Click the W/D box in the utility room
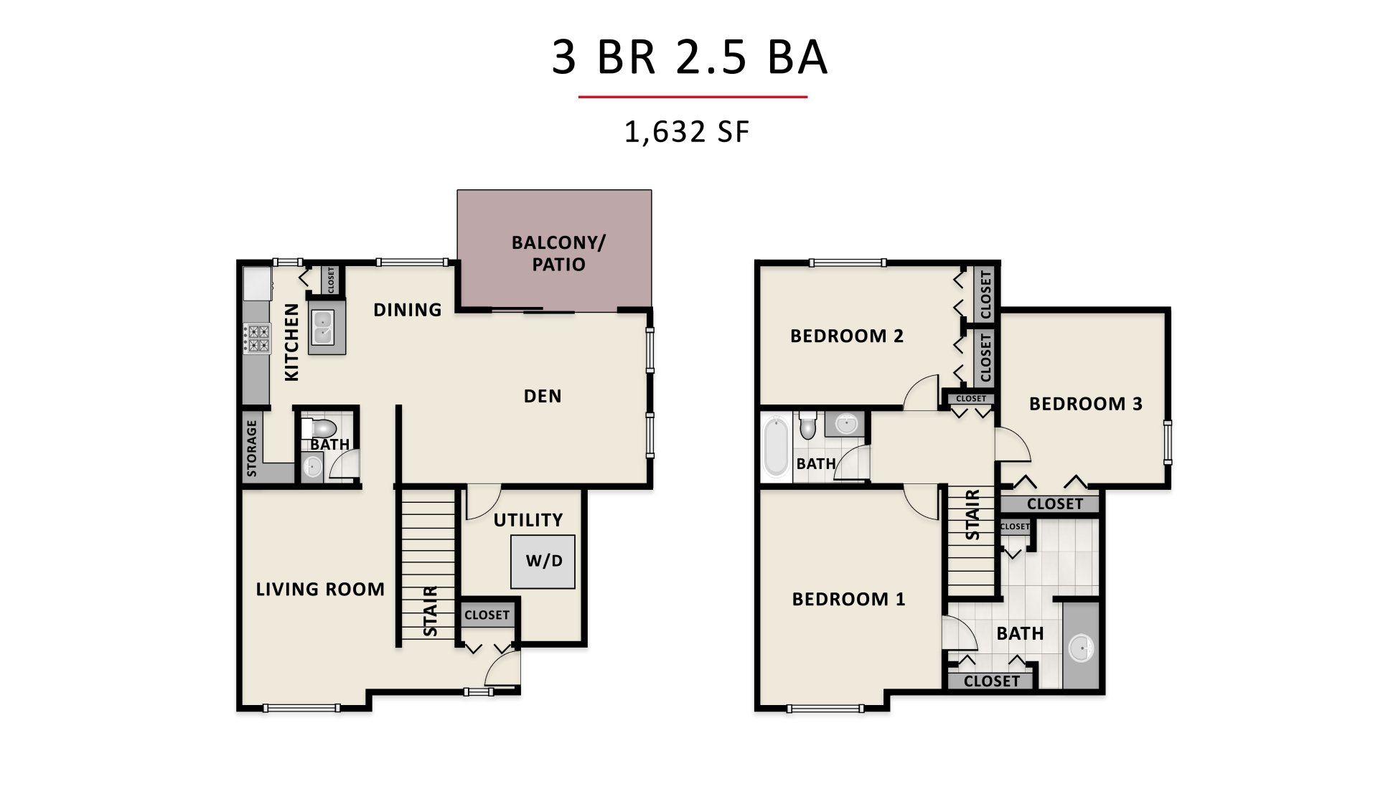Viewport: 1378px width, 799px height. click(543, 562)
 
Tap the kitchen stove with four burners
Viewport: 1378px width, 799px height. click(257, 339)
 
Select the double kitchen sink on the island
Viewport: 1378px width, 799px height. click(327, 327)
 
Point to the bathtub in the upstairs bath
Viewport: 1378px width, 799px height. click(775, 448)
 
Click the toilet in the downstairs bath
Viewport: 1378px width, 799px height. click(320, 429)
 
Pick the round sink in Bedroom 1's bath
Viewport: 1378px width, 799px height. click(1081, 649)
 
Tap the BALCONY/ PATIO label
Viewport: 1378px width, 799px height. click(558, 253)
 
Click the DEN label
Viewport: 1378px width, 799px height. click(543, 396)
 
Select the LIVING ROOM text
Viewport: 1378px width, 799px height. click(320, 590)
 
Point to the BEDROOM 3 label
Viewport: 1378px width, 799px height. click(1085, 404)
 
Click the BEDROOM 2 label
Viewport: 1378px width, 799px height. click(847, 336)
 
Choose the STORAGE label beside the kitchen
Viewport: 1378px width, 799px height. click(251, 448)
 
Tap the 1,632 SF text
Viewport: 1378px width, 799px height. click(687, 133)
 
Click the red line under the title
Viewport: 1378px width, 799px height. click(693, 96)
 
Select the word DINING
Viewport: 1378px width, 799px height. click(407, 310)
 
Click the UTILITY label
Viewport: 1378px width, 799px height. click(528, 520)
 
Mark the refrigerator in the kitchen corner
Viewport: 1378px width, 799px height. click(257, 283)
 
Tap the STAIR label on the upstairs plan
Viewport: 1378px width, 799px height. click(973, 514)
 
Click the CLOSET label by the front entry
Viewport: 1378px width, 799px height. click(487, 615)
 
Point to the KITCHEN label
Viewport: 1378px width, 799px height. click(291, 342)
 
